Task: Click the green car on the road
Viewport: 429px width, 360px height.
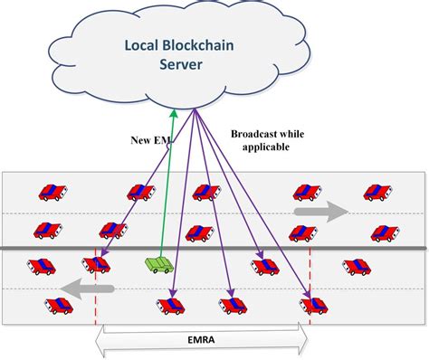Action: pos(159,265)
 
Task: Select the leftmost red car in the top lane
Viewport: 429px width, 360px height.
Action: pos(52,192)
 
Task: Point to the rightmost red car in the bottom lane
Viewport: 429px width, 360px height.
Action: pos(316,305)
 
